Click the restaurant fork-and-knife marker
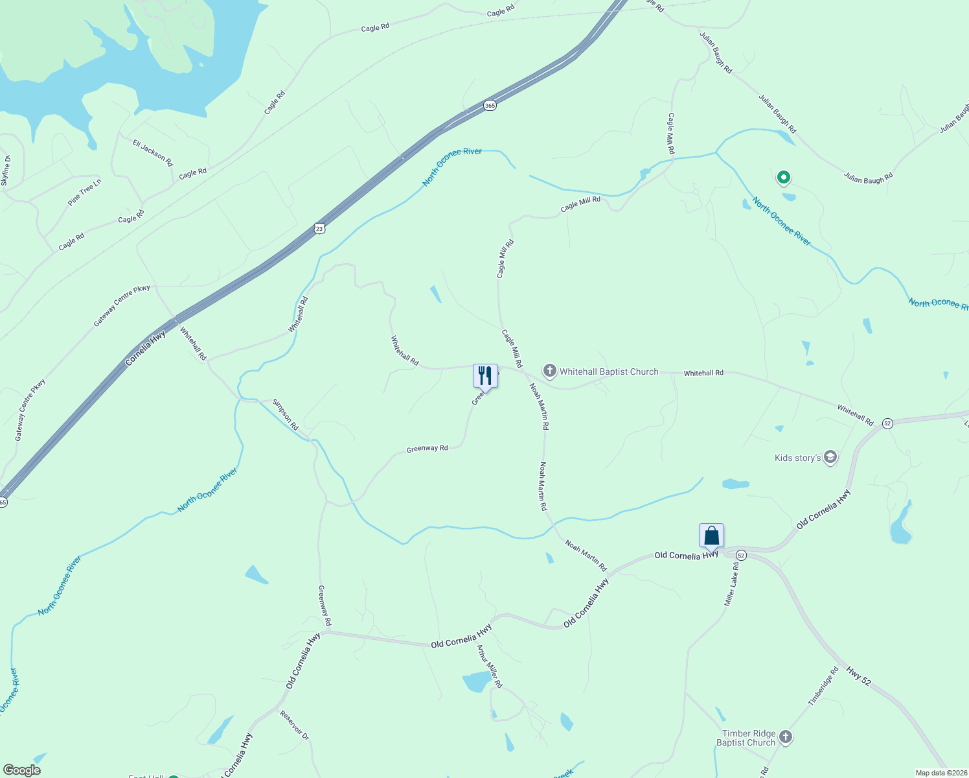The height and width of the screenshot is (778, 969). click(485, 375)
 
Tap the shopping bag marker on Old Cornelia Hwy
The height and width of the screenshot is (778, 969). click(711, 536)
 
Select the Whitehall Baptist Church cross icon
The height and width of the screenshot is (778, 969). click(550, 371)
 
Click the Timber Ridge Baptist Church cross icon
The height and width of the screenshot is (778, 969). click(786, 737)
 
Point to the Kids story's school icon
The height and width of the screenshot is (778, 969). click(830, 458)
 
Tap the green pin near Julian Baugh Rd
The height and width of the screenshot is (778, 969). click(783, 177)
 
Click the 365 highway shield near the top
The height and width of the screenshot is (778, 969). click(490, 105)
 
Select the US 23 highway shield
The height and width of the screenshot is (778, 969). click(319, 228)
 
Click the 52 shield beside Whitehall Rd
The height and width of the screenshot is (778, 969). click(887, 423)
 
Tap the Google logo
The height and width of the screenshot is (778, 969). click(22, 770)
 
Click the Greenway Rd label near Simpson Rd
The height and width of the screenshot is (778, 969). click(427, 449)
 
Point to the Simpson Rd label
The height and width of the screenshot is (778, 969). click(285, 415)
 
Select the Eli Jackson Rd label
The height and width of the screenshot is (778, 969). click(153, 152)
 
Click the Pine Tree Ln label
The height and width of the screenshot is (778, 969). click(85, 193)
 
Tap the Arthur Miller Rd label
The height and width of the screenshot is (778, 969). click(490, 666)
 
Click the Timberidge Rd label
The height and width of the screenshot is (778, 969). click(823, 686)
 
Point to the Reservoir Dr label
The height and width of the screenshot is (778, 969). click(295, 725)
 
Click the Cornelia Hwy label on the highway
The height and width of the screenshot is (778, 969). click(146, 348)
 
